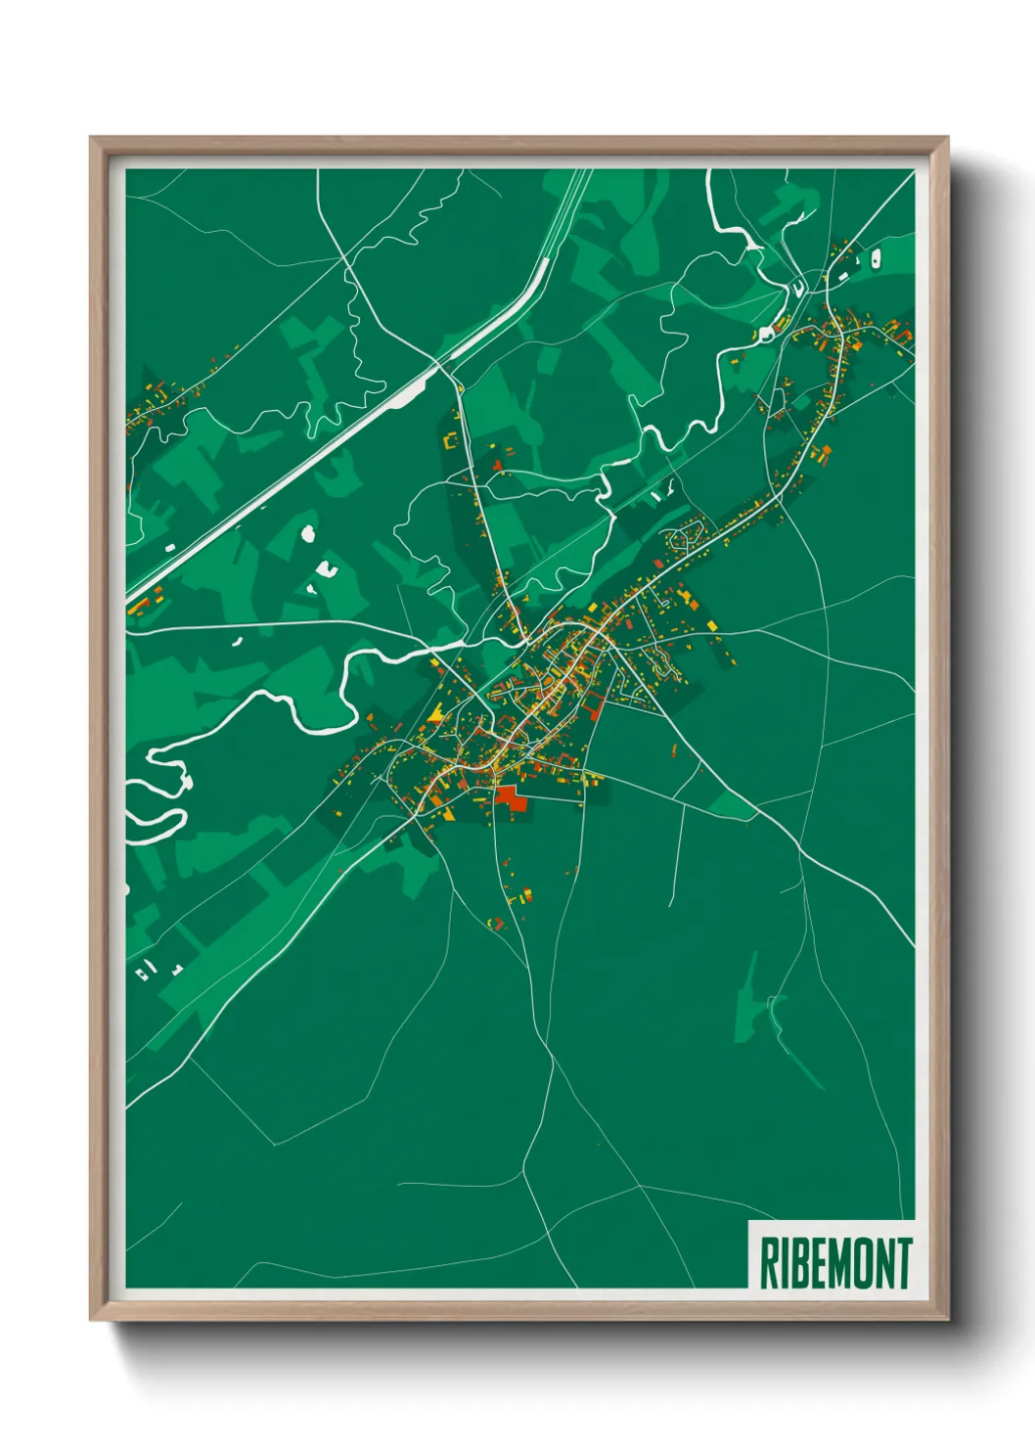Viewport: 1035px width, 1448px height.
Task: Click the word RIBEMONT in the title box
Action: point(834,1262)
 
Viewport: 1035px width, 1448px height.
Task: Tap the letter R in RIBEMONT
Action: point(768,1263)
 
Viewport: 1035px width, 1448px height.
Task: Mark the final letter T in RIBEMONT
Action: point(904,1263)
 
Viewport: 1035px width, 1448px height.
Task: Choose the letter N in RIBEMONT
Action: point(883,1263)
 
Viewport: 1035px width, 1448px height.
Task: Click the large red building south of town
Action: point(511,797)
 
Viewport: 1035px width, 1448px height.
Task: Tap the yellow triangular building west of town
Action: point(434,716)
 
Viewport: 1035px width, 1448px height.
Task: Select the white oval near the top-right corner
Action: point(876,257)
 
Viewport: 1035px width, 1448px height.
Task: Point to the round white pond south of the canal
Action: point(308,533)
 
